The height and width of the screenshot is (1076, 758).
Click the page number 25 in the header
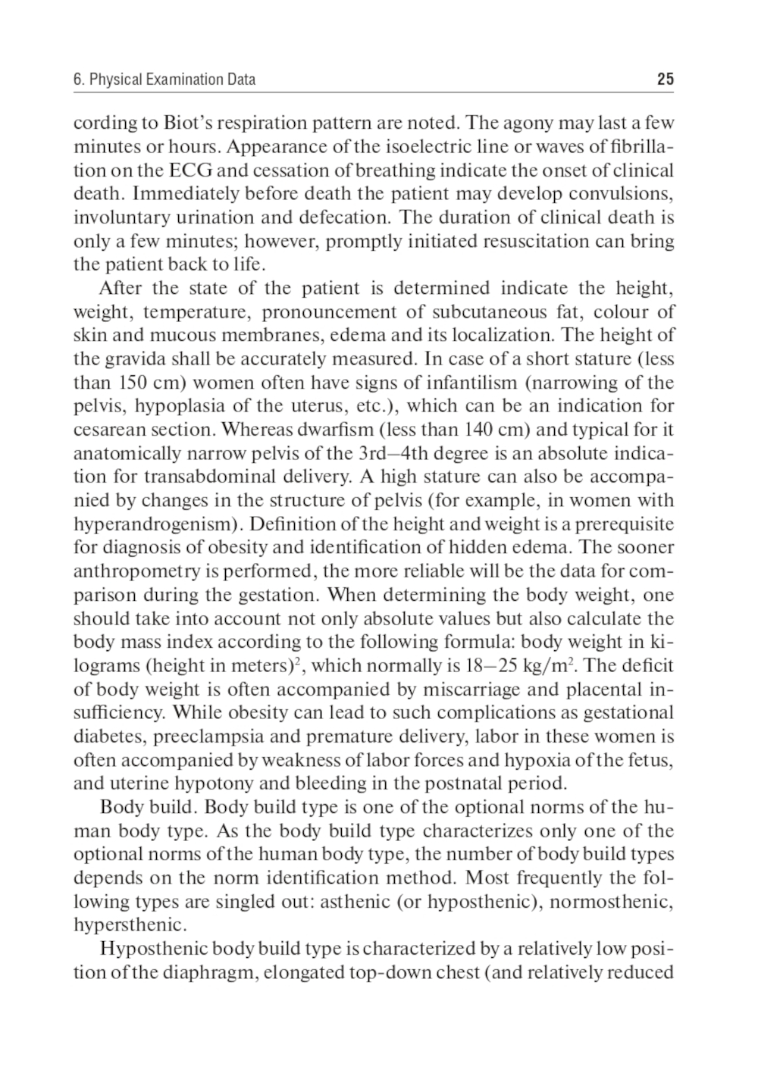pos(665,80)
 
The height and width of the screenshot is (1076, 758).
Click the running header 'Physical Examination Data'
pos(172,80)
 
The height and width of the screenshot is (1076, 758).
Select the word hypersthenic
pos(129,925)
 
